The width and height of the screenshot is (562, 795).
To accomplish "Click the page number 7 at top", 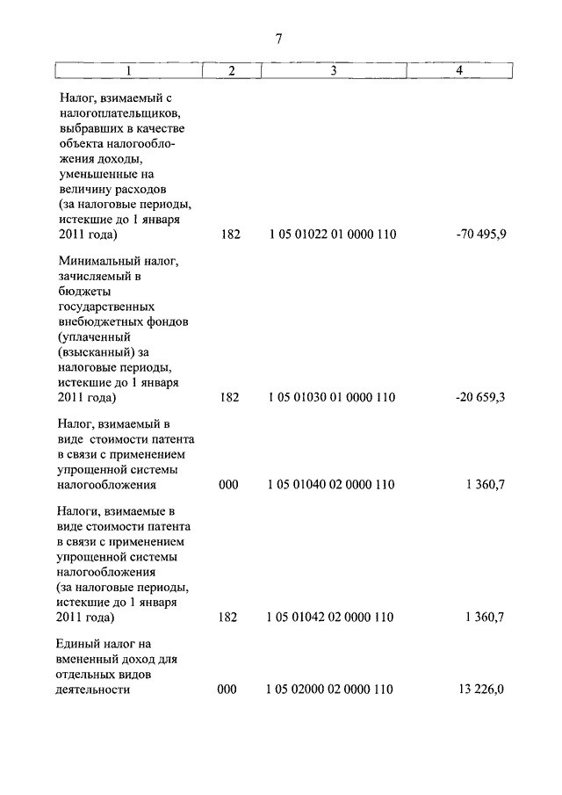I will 279,39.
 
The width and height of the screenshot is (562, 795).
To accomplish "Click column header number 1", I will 128,71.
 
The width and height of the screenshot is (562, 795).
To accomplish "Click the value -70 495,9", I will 481,235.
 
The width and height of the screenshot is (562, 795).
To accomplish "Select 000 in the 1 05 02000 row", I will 227,690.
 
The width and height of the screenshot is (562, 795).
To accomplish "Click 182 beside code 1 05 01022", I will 227,235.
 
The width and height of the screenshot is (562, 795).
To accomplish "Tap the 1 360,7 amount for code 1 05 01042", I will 485,618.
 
